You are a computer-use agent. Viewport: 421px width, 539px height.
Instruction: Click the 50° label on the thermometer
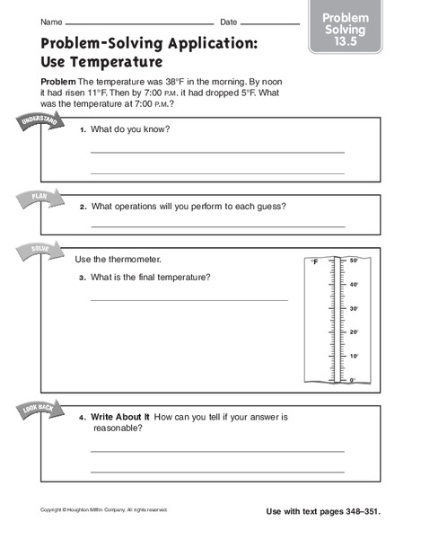click(x=354, y=261)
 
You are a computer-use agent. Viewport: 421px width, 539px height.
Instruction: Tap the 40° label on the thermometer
click(x=354, y=285)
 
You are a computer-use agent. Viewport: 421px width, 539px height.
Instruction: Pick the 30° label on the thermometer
click(x=354, y=309)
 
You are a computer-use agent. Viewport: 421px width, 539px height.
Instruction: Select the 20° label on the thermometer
click(x=354, y=332)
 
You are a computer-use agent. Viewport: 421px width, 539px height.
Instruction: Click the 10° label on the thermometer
click(x=354, y=357)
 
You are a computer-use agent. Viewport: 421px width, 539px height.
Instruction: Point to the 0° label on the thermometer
click(x=353, y=380)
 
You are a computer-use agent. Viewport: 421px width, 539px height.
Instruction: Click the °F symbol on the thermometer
click(x=314, y=263)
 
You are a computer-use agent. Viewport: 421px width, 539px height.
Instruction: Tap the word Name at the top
click(x=51, y=22)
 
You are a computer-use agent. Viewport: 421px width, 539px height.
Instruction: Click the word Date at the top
click(x=229, y=22)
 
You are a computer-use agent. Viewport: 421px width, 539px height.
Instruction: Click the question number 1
click(x=82, y=130)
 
